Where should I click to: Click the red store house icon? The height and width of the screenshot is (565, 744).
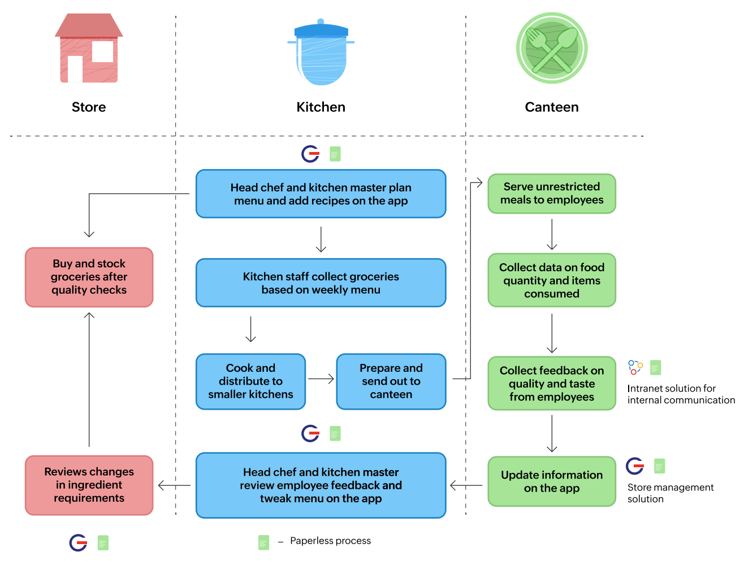pyautogui.click(x=89, y=49)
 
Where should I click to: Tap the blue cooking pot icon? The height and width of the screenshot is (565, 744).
pyautogui.click(x=321, y=53)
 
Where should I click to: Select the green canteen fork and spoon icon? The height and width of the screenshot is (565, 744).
pyautogui.click(x=551, y=49)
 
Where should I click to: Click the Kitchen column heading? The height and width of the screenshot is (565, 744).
pyautogui.click(x=321, y=107)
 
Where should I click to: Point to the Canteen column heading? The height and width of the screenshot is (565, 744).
pyautogui.click(x=551, y=107)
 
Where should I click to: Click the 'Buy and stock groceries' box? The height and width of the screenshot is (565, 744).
pyautogui.click(x=89, y=277)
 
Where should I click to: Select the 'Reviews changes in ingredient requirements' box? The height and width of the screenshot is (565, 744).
pyautogui.click(x=89, y=485)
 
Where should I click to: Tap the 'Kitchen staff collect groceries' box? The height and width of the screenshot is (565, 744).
pyautogui.click(x=321, y=282)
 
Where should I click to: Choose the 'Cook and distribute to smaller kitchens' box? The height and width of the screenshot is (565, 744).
pyautogui.click(x=250, y=381)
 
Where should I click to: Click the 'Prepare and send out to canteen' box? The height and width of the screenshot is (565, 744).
pyautogui.click(x=391, y=381)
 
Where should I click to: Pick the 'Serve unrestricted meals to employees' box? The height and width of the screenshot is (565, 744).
pyautogui.click(x=551, y=193)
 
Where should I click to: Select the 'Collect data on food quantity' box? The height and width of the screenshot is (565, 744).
pyautogui.click(x=551, y=280)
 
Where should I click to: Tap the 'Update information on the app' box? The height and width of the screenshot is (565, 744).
pyautogui.click(x=551, y=481)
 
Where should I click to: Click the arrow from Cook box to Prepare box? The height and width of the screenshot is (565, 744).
pyautogui.click(x=321, y=379)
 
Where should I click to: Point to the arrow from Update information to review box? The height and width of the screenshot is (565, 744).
pyautogui.click(x=466, y=485)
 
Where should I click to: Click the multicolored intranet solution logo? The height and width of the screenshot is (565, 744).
pyautogui.click(x=635, y=368)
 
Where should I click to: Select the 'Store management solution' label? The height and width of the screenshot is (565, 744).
pyautogui.click(x=670, y=493)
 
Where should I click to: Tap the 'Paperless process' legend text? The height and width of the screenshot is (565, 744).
pyautogui.click(x=330, y=541)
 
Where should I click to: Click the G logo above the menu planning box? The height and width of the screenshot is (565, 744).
pyautogui.click(x=310, y=154)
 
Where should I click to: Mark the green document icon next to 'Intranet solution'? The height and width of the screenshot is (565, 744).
pyautogui.click(x=655, y=368)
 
